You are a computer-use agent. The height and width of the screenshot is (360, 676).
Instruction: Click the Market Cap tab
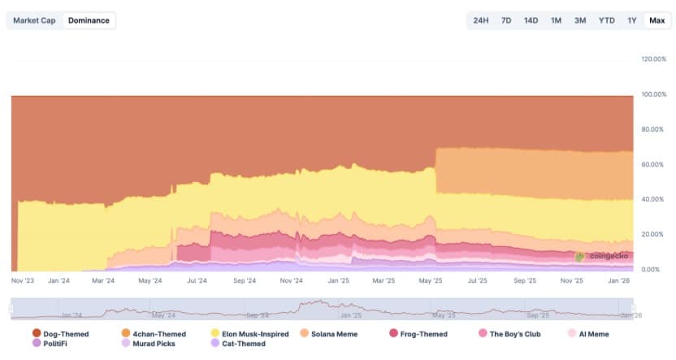[x=34, y=20]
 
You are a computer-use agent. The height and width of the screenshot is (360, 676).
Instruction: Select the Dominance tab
[x=89, y=20]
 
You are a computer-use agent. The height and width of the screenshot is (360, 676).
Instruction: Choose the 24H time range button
[x=481, y=20]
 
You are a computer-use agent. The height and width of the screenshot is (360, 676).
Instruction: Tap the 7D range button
[x=506, y=20]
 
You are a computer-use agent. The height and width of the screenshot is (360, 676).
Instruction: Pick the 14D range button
[x=531, y=20]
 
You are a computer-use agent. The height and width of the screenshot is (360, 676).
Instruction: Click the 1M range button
[x=556, y=20]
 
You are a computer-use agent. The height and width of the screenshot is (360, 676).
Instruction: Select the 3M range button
[x=580, y=20]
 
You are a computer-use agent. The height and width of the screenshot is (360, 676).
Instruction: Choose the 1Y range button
[x=631, y=20]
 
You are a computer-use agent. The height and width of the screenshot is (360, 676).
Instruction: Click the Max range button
[x=656, y=20]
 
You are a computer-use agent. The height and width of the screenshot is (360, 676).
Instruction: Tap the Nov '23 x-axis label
[x=23, y=280]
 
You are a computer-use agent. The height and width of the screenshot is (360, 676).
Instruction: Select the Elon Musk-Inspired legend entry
[x=249, y=333]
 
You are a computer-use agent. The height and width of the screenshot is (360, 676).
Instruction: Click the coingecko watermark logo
[x=601, y=256]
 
